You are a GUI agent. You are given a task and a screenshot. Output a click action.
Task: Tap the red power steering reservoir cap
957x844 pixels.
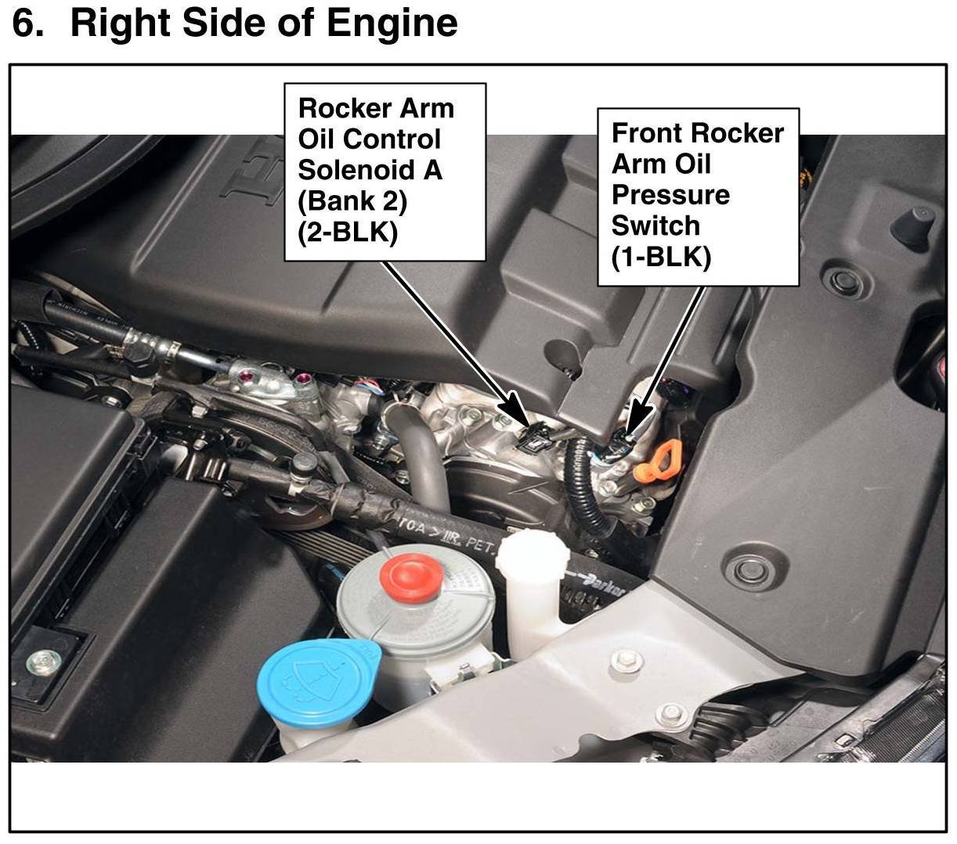point(411,578)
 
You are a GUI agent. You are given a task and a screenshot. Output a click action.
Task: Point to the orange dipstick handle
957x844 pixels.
point(658,461)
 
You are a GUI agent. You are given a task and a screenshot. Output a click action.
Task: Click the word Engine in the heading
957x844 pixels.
point(392,23)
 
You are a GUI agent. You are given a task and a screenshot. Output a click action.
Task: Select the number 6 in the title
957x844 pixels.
point(27,23)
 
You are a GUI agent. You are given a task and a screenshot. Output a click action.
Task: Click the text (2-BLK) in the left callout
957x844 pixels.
point(348,232)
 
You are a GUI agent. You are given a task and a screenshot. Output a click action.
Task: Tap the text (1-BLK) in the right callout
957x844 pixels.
point(661,257)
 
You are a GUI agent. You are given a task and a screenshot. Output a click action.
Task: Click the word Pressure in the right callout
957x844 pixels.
point(670,195)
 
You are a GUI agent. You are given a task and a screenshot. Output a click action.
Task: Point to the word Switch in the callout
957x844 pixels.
point(655,225)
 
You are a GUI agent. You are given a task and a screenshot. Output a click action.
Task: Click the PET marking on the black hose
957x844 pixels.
point(480,545)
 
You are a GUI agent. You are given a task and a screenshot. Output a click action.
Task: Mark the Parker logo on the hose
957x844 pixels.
point(605,586)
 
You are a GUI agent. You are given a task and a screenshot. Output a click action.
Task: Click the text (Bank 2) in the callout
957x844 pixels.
point(352,201)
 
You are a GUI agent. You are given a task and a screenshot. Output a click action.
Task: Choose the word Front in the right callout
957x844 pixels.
point(647,133)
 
